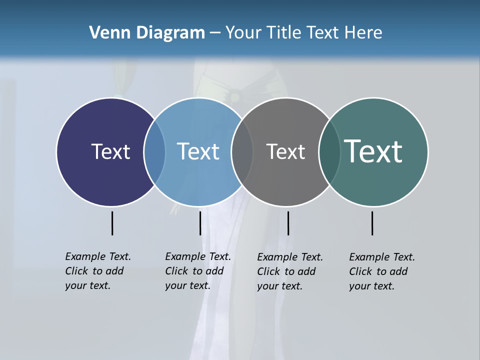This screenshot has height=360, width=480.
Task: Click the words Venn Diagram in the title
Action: [147, 33]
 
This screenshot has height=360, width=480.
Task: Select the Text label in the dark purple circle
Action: [110, 151]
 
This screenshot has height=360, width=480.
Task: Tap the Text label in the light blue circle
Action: [198, 151]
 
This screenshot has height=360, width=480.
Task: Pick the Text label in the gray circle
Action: [285, 151]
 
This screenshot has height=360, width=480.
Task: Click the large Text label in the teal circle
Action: [373, 151]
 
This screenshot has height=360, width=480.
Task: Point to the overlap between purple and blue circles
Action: [154, 151]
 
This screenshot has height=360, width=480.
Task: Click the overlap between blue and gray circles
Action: [242, 151]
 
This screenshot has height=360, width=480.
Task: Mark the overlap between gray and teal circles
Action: [329, 151]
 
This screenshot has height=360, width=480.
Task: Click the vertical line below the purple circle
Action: [112, 223]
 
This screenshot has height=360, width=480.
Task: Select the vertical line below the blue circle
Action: [200, 223]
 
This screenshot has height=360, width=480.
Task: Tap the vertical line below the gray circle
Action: [288, 223]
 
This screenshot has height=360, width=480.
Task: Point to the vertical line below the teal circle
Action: [372, 223]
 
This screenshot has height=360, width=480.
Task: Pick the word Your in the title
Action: [243, 33]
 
